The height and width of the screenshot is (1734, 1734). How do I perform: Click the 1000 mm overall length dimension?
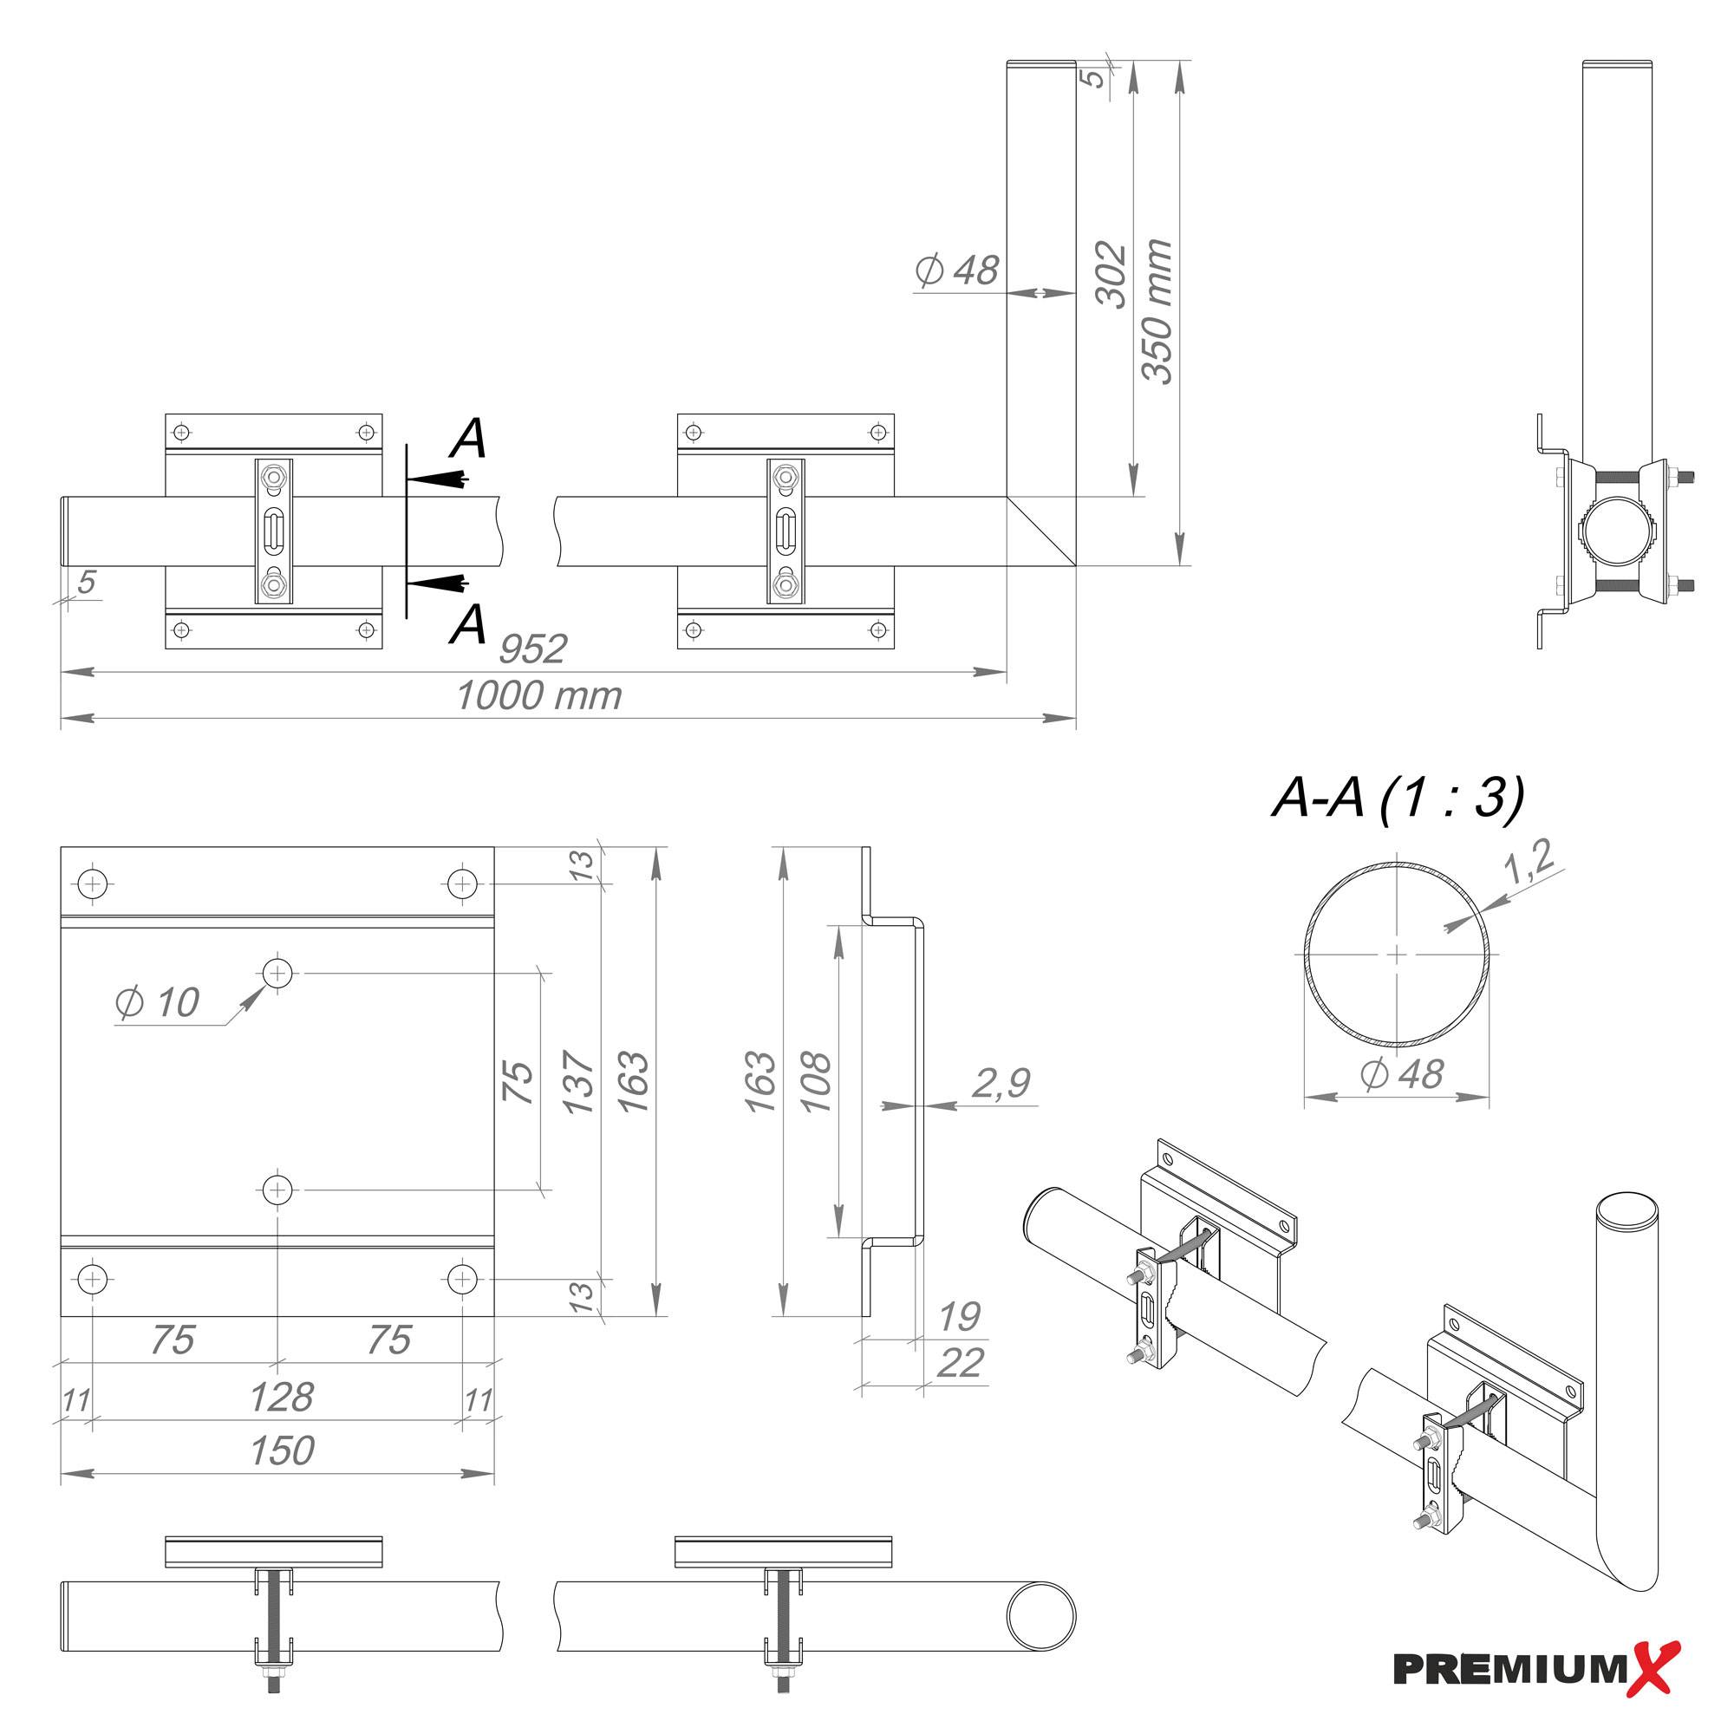[x=538, y=696]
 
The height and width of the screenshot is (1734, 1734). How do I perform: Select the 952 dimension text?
[x=532, y=649]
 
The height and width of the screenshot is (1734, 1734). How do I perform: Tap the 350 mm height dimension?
[x=1157, y=311]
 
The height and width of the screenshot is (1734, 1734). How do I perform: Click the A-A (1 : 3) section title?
[x=1398, y=797]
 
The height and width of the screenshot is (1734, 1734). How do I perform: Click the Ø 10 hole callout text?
[x=158, y=1002]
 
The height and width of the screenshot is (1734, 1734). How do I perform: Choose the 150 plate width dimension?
[x=282, y=1451]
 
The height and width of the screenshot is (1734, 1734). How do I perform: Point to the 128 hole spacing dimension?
[x=281, y=1398]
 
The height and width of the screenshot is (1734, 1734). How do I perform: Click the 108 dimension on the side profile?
[x=817, y=1082]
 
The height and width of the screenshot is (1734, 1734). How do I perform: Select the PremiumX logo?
[x=1535, y=1667]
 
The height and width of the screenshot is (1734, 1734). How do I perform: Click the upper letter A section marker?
[x=468, y=440]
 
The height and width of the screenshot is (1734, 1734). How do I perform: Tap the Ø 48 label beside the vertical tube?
[x=957, y=271]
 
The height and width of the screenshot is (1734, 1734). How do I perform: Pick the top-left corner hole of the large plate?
[x=94, y=884]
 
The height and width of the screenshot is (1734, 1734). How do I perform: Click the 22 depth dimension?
[x=960, y=1363]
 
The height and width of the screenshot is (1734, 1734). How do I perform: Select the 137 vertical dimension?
[x=580, y=1082]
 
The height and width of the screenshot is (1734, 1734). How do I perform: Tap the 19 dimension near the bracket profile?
[x=960, y=1317]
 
